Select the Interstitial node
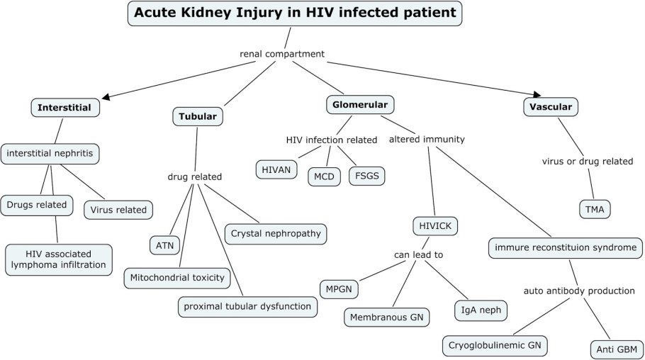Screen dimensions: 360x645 point(64,108)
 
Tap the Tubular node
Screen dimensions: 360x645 point(198,116)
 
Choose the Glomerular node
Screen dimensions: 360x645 point(360,105)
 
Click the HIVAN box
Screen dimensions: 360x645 point(276,169)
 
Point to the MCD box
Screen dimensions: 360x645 point(324,176)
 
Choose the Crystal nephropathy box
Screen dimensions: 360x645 point(276,232)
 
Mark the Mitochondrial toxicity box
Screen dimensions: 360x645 point(177,277)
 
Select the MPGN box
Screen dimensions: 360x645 point(340,289)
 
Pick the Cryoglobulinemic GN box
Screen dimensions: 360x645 point(496,345)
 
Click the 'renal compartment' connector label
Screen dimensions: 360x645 point(282,54)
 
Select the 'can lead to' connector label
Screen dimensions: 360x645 point(419,253)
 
